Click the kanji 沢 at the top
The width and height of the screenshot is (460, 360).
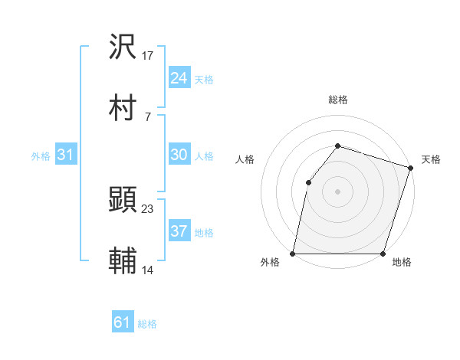[x=123, y=46]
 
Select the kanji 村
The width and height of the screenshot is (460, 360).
[x=123, y=108]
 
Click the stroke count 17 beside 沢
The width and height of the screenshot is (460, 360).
[x=149, y=55]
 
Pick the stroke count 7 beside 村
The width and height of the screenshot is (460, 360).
[x=147, y=117]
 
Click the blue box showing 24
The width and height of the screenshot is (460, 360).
[x=179, y=78]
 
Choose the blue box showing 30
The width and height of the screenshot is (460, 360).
[x=179, y=155]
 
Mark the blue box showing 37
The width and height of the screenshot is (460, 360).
[x=179, y=231]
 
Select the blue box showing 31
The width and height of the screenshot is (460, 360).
[x=66, y=155]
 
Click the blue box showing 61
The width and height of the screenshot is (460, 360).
[x=123, y=322]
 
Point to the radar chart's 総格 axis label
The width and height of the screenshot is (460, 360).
[x=337, y=100]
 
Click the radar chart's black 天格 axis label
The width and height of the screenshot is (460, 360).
[x=431, y=159]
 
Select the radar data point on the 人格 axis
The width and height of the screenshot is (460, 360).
[x=308, y=182]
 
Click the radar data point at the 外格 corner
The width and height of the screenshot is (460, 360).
[x=293, y=254]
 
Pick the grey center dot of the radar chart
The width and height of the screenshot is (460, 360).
[x=337, y=191]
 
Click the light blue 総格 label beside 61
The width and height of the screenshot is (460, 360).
[x=147, y=324]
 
